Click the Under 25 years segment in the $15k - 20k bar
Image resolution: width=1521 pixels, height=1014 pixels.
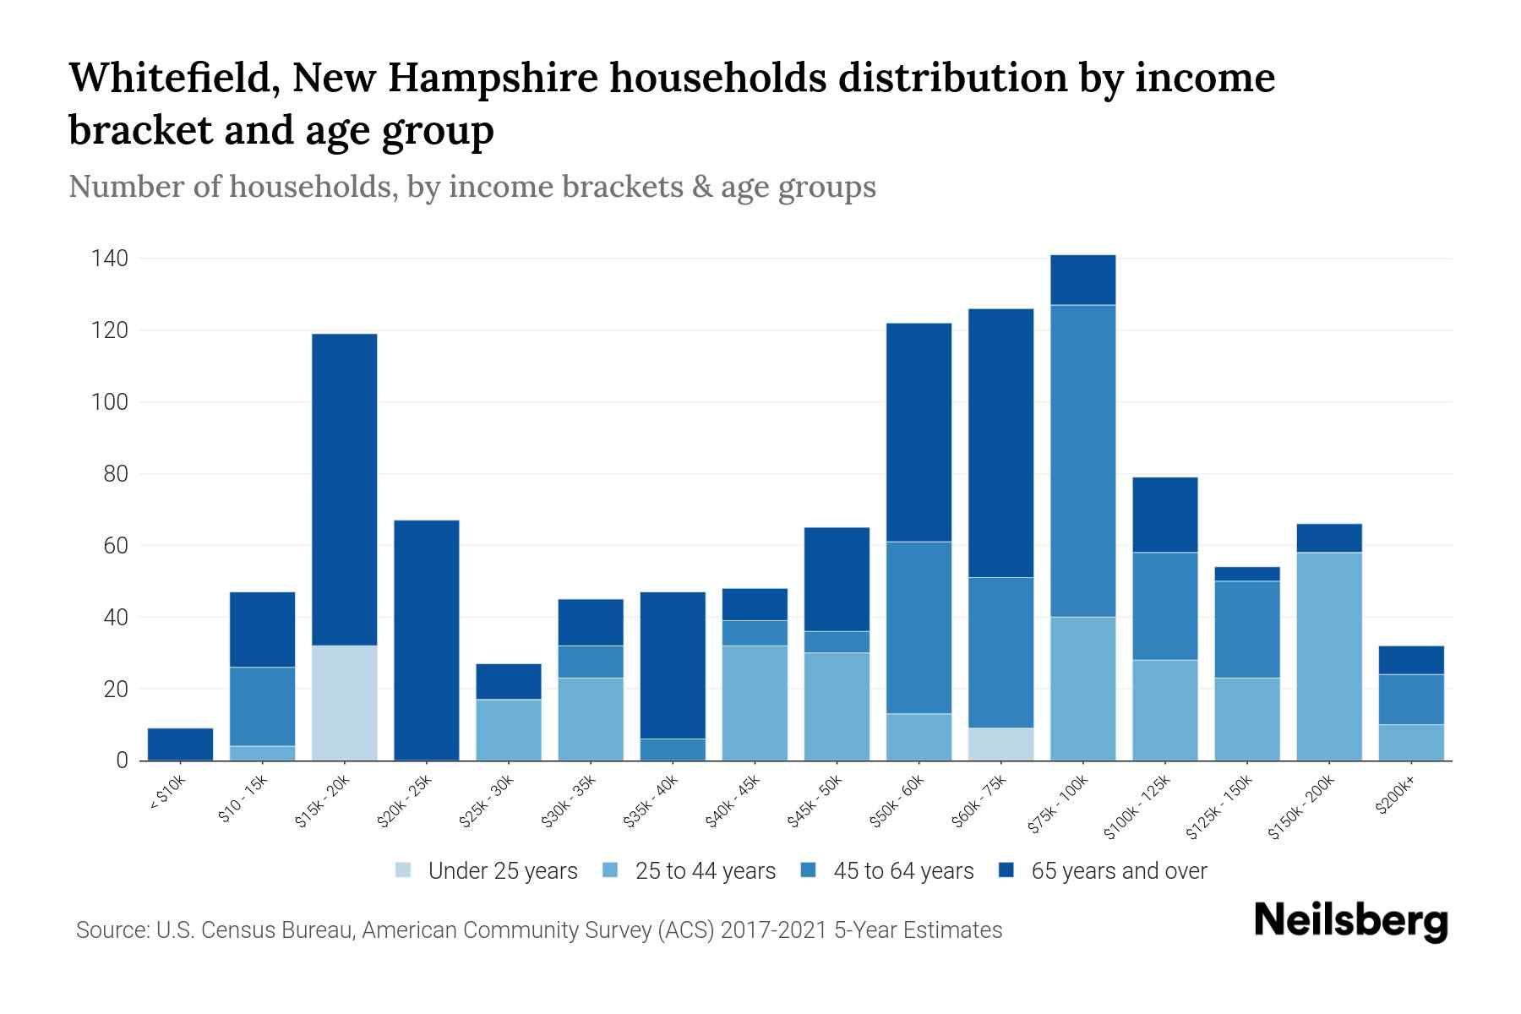coord(344,703)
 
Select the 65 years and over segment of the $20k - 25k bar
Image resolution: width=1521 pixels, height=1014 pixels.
coord(427,640)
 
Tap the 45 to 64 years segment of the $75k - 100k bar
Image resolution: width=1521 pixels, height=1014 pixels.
coord(1082,461)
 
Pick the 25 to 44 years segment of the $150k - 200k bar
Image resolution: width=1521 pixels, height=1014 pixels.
coord(1329,657)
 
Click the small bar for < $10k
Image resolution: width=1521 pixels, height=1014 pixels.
coord(180,744)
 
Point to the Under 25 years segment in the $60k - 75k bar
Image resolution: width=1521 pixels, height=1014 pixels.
coord(1000,744)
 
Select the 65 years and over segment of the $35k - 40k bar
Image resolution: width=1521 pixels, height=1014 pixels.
coord(673,665)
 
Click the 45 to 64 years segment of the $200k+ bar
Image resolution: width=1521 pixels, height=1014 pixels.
coord(1411,700)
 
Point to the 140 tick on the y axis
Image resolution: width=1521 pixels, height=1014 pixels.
coord(110,259)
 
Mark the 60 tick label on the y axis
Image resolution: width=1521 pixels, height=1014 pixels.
coord(116,546)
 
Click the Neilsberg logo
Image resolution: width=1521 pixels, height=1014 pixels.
coord(1350,921)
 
